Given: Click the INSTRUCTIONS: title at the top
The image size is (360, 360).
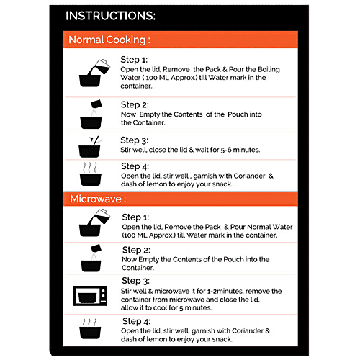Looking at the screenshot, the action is [110, 16].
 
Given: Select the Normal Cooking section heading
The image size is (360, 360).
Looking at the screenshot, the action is [109, 40].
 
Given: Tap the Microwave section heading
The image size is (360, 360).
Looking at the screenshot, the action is [98, 199].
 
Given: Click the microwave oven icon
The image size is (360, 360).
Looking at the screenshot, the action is [90, 295].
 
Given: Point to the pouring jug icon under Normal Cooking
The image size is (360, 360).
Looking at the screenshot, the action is [94, 73].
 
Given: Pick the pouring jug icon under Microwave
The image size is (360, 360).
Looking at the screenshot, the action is [94, 222].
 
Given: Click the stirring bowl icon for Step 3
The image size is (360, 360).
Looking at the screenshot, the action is [90, 147].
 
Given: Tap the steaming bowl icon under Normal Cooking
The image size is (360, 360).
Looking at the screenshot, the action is [90, 174].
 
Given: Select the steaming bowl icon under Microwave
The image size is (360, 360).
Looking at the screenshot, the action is [90, 328].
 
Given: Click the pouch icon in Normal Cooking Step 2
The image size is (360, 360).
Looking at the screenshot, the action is [96, 104].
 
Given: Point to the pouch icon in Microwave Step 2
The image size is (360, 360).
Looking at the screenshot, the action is [96, 248].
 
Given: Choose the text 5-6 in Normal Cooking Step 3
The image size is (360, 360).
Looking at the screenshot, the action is [226, 150].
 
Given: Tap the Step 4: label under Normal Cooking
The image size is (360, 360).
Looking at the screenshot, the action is [135, 166].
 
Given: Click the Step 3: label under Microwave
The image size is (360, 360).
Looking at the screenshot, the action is [135, 281].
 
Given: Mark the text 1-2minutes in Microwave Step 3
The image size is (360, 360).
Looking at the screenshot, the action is [225, 291].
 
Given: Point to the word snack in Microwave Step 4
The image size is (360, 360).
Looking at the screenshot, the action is [222, 339].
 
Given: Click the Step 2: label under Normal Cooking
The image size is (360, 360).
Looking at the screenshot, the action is [135, 105].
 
